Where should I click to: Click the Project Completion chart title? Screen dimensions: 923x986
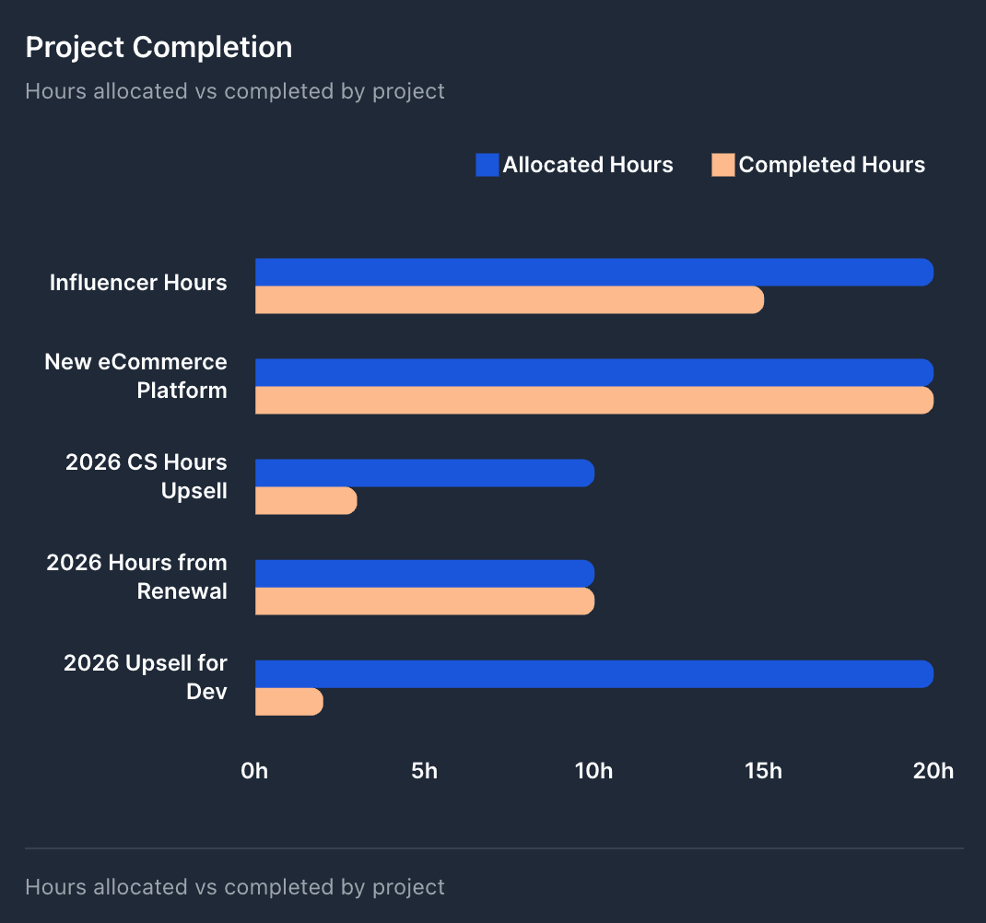pyautogui.click(x=158, y=47)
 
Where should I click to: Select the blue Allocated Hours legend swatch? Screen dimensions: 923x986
pyautogui.click(x=487, y=165)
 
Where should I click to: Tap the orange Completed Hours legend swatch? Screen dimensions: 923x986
pyautogui.click(x=723, y=165)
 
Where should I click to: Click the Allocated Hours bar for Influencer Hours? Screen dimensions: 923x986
pyautogui.click(x=593, y=272)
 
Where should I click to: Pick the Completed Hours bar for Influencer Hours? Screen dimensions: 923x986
pyautogui.click(x=509, y=299)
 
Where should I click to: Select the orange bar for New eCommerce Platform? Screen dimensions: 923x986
pyautogui.click(x=593, y=401)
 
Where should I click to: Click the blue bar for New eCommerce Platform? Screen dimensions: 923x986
pyautogui.click(x=593, y=372)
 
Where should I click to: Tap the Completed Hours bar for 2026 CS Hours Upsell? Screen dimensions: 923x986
pyautogui.click(x=305, y=500)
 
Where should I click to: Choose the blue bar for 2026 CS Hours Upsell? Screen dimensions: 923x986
pyautogui.click(x=424, y=473)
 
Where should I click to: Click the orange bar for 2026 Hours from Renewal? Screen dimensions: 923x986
pyautogui.click(x=424, y=601)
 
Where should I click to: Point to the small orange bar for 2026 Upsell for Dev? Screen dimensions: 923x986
pyautogui.click(x=288, y=701)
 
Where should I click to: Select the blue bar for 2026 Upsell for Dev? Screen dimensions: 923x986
pyautogui.click(x=593, y=673)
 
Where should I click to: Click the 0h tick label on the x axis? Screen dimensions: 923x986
pyautogui.click(x=254, y=771)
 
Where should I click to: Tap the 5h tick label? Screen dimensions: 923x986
pyautogui.click(x=424, y=771)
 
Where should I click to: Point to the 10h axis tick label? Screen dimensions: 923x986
pyautogui.click(x=593, y=771)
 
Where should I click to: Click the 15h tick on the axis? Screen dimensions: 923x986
pyautogui.click(x=763, y=771)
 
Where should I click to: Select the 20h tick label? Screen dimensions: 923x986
pyautogui.click(x=933, y=771)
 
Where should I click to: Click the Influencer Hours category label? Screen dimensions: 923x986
pyautogui.click(x=138, y=283)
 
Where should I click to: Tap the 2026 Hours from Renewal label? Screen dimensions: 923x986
pyautogui.click(x=138, y=577)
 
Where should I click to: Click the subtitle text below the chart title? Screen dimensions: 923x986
pyautogui.click(x=235, y=91)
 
